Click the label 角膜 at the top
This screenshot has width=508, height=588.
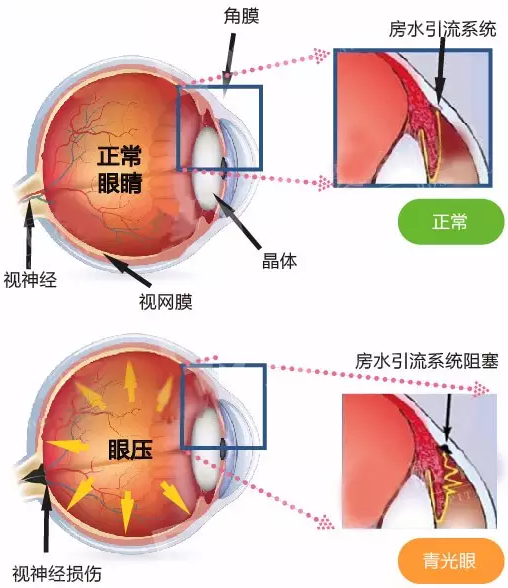[x=241, y=16]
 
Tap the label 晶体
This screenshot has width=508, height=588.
[x=279, y=261]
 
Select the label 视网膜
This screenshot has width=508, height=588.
[x=166, y=302]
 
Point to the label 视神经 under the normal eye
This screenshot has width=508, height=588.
[x=30, y=280]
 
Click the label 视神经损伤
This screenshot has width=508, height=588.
[x=57, y=574]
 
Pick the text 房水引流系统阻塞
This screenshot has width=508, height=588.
[x=427, y=361]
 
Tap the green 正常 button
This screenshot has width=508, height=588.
[x=451, y=222]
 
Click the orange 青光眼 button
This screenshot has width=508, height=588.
[x=451, y=561]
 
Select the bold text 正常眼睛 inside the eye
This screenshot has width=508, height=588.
[x=120, y=170]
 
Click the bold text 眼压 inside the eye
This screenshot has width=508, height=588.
[x=130, y=450]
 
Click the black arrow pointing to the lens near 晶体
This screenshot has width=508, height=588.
[x=237, y=221]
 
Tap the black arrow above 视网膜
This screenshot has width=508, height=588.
[x=127, y=269]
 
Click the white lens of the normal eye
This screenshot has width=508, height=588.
[x=207, y=169]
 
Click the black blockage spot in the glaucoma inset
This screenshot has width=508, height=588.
[x=445, y=448]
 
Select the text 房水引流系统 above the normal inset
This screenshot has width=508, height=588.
[x=443, y=29]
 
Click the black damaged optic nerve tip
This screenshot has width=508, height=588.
[x=34, y=477]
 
